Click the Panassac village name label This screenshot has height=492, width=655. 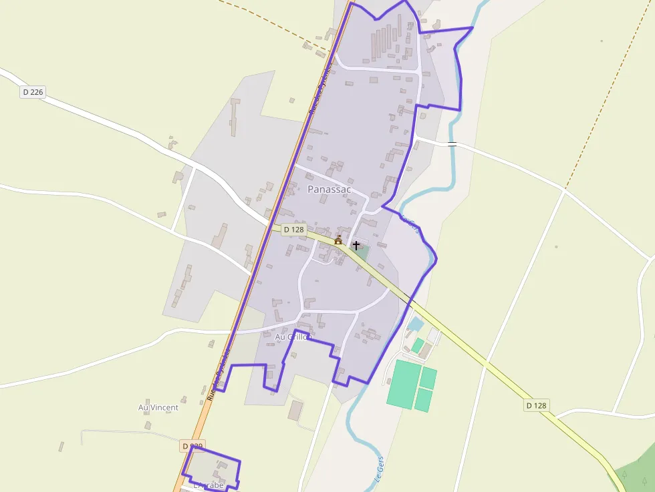click(329, 190)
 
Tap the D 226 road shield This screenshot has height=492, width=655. click(33, 92)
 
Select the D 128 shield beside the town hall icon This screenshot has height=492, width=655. click(293, 230)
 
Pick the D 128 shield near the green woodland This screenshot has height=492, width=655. click(536, 405)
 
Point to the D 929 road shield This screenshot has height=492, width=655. click(192, 445)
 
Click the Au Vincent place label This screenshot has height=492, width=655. click(158, 407)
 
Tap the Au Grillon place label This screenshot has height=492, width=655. click(293, 337)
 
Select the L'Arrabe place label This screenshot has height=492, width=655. click(208, 485)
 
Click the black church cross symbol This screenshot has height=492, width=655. click(356, 245)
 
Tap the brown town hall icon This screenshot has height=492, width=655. click(338, 240)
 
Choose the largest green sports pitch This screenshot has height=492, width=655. click(404, 385)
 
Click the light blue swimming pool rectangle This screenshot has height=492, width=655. click(415, 324)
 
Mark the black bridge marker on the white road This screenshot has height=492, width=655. click(452, 144)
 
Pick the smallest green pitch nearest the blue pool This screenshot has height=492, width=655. click(418, 346)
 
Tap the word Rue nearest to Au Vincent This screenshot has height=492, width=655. click(211, 393)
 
